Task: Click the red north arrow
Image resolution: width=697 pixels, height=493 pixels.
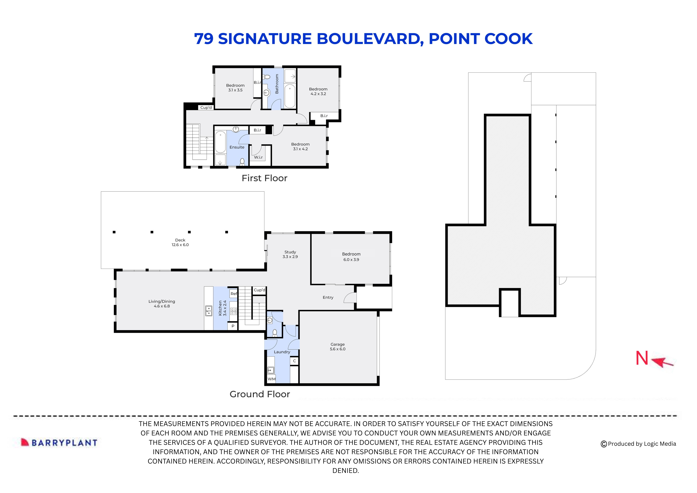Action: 663,362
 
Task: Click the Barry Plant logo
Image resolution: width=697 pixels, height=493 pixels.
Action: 59,443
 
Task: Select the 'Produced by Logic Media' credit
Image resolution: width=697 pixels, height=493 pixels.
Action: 638,444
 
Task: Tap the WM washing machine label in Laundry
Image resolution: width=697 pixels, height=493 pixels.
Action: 271,379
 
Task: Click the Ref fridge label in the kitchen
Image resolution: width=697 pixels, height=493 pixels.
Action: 233,294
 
